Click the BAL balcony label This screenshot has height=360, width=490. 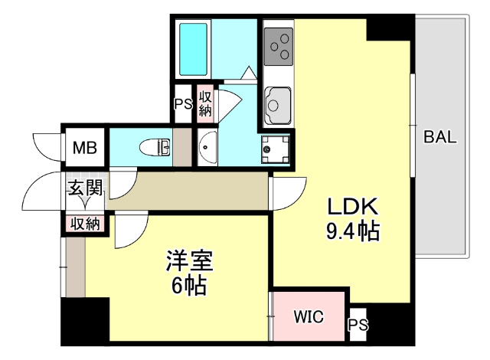pyautogui.click(x=440, y=138)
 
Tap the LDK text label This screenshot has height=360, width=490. pyautogui.click(x=353, y=207)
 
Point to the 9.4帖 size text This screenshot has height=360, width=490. pyautogui.click(x=353, y=230)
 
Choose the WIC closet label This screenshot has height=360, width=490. pyautogui.click(x=309, y=316)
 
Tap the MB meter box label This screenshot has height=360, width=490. pyautogui.click(x=84, y=148)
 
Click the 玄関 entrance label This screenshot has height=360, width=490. pyautogui.click(x=84, y=187)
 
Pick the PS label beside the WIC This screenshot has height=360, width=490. pyautogui.click(x=358, y=326)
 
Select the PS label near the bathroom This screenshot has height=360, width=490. pyautogui.click(x=182, y=104)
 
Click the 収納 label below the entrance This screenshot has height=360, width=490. pyautogui.click(x=85, y=224)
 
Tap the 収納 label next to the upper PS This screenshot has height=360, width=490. pyautogui.click(x=205, y=103)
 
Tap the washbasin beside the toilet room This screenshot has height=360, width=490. pyautogui.click(x=207, y=148)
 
